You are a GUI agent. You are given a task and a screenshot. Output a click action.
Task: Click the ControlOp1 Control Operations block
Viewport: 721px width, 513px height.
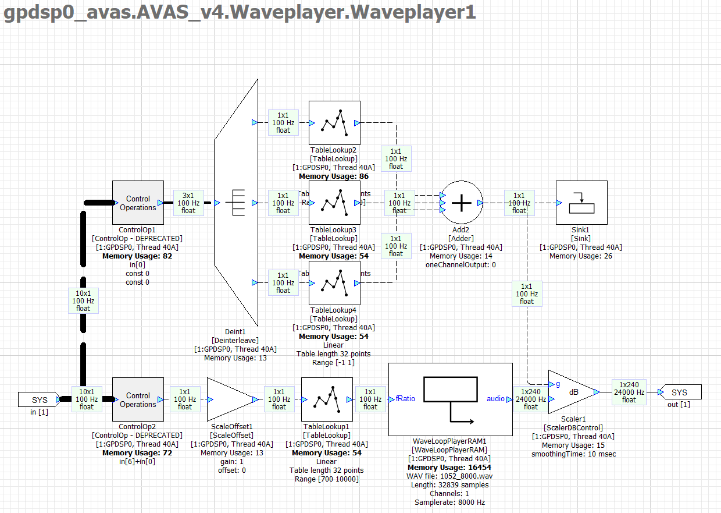point(138,203)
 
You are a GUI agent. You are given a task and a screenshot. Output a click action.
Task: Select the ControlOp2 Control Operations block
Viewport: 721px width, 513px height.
point(138,399)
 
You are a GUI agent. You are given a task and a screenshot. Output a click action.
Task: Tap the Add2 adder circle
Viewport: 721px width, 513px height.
point(462,203)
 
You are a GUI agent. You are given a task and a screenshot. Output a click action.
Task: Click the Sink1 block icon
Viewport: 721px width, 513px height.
point(581,203)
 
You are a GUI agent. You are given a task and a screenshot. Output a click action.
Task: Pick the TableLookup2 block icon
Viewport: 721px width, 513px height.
point(334,123)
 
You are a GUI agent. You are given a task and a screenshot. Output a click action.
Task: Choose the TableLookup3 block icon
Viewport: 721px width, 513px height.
point(334,203)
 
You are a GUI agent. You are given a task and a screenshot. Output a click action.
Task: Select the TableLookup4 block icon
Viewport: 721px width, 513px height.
point(334,283)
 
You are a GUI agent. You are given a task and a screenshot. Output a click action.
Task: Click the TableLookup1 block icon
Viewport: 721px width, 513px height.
point(327,399)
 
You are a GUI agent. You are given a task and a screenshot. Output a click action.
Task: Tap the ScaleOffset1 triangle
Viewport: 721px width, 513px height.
point(230,399)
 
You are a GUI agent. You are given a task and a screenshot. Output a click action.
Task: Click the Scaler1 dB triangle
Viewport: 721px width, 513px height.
point(569,392)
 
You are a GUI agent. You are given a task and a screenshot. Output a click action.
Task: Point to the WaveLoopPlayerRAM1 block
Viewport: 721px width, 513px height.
point(449,399)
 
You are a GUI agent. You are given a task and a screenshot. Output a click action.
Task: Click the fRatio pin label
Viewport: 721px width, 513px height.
point(405,399)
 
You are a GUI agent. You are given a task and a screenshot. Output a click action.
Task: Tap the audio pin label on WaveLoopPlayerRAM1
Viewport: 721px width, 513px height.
point(496,399)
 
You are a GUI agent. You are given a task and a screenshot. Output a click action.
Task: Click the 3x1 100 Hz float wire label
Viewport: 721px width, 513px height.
point(188,203)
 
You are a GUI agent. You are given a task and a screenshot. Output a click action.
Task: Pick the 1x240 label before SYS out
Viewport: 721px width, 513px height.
point(629,392)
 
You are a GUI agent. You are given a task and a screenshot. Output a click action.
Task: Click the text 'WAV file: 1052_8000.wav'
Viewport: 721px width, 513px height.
point(449,476)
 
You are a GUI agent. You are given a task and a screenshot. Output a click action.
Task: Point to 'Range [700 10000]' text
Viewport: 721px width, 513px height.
point(326,479)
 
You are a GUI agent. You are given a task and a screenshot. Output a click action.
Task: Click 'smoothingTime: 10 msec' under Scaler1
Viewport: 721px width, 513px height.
point(573,454)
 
